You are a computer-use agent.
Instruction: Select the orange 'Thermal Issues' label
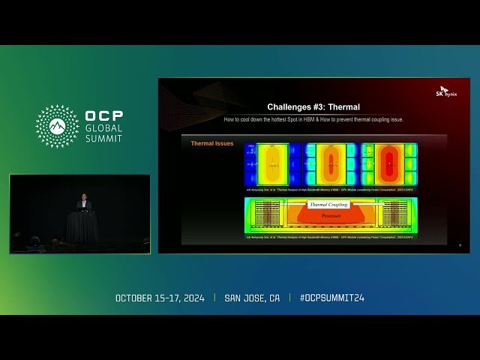tap(212, 143)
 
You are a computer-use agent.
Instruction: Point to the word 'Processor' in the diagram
tap(330, 215)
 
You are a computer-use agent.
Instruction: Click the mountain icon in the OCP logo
tap(57, 126)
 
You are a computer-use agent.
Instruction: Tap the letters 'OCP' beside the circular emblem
tap(104, 117)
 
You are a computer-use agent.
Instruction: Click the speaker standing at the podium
tap(83, 204)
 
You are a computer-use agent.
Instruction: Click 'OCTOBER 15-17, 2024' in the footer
tap(164, 298)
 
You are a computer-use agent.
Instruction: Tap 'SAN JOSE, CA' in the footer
tap(252, 298)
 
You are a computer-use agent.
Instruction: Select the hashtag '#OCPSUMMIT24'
tap(331, 298)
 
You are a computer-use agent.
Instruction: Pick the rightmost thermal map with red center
tap(389, 163)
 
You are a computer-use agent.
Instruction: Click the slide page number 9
tap(460, 245)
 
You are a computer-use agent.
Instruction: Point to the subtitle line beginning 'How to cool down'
tap(313, 119)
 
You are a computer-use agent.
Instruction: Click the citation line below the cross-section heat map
tap(330, 237)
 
